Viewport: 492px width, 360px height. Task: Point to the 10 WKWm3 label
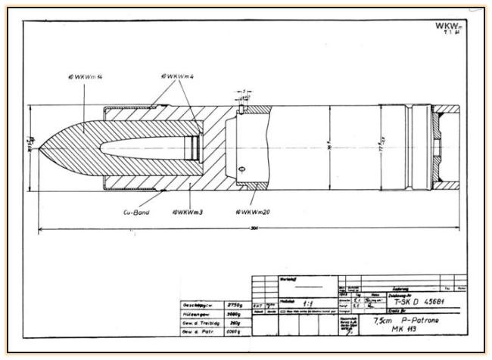[x=186, y=213]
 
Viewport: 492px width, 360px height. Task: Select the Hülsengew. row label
[x=193, y=314]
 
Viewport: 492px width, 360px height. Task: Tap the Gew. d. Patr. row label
[x=194, y=332]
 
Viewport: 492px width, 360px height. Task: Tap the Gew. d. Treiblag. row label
[x=195, y=323]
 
